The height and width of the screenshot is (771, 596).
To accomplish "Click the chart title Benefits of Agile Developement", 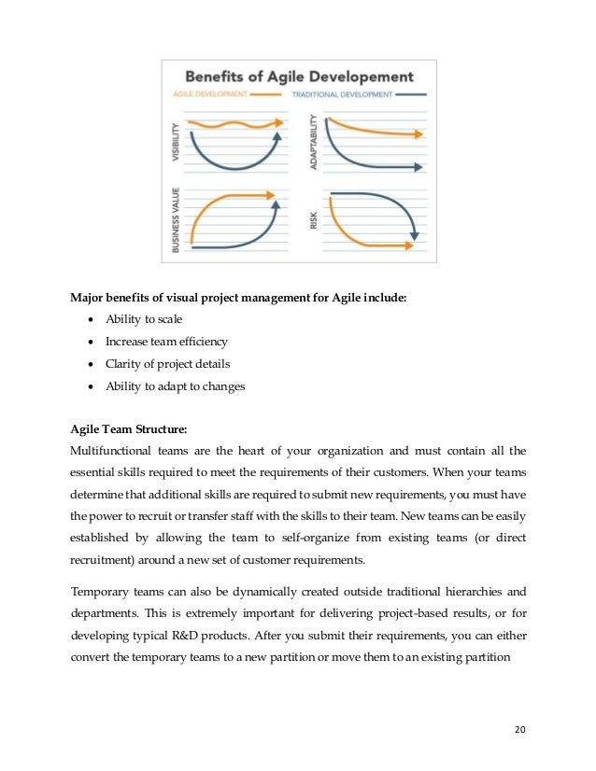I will [298, 76].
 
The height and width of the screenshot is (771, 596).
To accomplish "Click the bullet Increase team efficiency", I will [165, 342].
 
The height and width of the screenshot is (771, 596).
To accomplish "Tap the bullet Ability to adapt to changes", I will [174, 386].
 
